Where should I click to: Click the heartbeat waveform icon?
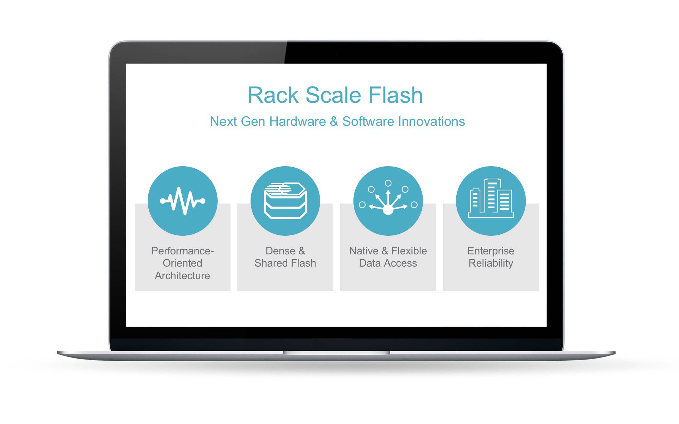pos(183,201)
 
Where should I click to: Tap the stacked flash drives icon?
pos(285,201)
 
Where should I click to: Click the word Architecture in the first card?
pos(182,275)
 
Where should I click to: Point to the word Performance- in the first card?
pos(182,251)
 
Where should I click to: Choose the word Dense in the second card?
pos(280,251)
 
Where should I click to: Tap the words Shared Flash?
pos(285,263)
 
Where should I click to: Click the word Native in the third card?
pos(364,251)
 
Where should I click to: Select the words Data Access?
pos(388,263)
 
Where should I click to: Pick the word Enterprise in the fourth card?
pos(491,251)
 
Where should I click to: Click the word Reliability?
pos(491,263)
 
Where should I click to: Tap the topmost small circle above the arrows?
pos(388,183)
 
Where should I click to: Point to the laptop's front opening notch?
pos(336,353)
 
